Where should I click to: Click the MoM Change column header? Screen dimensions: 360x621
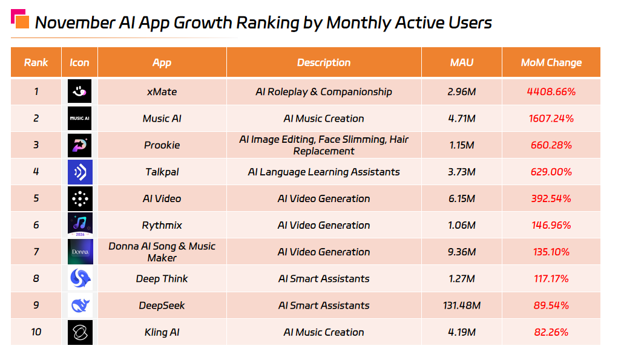[x=551, y=62]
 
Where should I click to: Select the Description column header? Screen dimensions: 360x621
[x=323, y=62]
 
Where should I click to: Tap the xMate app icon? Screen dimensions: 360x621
[x=79, y=91]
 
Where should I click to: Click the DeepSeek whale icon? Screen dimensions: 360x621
[x=79, y=305]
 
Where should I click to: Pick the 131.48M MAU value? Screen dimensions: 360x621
[x=462, y=305]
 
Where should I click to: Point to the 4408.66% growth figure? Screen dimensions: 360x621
[x=551, y=92]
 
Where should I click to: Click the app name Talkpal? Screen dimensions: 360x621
[x=162, y=172]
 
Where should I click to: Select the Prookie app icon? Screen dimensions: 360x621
[x=79, y=145]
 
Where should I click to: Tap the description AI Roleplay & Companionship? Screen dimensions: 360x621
[x=323, y=92]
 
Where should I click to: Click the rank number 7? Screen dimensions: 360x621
[x=36, y=252]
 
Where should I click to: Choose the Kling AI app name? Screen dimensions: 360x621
[x=162, y=332]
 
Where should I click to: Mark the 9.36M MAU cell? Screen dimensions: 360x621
[x=462, y=252]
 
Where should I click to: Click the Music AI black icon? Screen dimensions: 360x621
[x=79, y=119]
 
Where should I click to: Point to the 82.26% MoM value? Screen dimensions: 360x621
[x=551, y=332]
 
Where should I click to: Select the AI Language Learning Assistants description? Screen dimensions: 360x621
[x=323, y=172]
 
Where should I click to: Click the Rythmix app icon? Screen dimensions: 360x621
[x=79, y=225]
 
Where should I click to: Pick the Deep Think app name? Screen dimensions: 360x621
[x=162, y=278]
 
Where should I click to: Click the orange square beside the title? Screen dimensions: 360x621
[x=22, y=22]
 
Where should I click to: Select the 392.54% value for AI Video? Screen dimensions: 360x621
[x=551, y=198]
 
